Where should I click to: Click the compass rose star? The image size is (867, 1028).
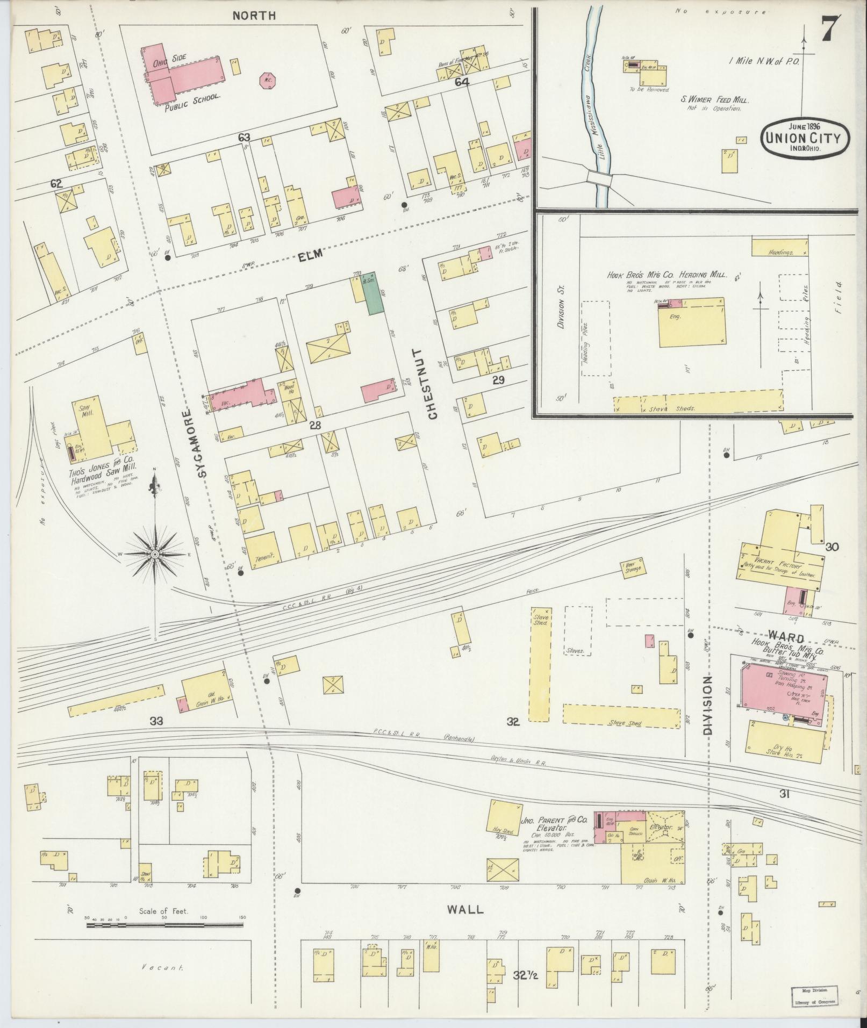pyautogui.click(x=155, y=553)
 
